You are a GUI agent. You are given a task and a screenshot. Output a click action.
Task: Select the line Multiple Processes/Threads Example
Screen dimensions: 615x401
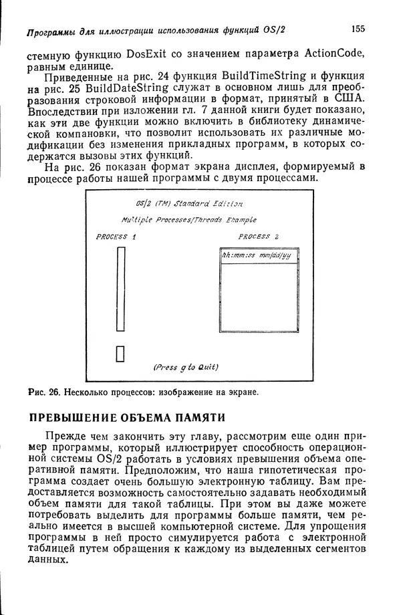pyautogui.click(x=189, y=219)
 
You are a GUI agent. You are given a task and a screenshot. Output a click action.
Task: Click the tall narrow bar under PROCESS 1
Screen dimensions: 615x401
pyautogui.click(x=121, y=289)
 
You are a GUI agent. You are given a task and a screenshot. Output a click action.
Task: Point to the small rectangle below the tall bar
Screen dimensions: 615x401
pyautogui.click(x=121, y=353)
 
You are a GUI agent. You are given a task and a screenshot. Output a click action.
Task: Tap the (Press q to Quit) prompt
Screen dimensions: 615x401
pyautogui.click(x=186, y=367)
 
